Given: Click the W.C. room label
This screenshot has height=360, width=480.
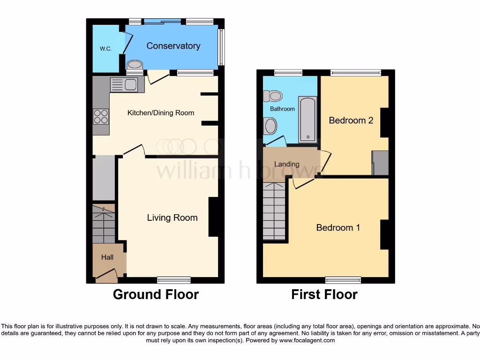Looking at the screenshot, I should pos(105,49).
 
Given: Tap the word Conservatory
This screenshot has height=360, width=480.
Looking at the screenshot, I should pos(173,45).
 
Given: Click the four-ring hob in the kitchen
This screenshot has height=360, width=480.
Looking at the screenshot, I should pos(101,116).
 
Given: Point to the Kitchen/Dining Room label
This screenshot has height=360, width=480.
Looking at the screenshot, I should pos(161,113).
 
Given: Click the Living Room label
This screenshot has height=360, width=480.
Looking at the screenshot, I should pos(172,217).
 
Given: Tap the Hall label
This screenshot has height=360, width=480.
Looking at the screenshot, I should pos(107,257).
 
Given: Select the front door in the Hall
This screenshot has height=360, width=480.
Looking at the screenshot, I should pos(106,276).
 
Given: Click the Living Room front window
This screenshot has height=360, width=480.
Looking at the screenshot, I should pos(173,280).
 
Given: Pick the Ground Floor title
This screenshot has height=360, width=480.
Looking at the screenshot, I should pos(156,294).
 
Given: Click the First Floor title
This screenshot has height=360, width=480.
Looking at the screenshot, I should pos(324,294).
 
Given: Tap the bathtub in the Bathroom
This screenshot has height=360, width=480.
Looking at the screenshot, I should pos(308,120).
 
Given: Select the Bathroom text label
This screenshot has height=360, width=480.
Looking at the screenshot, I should pos(282,109).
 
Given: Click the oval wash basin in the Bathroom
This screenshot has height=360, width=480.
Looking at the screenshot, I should pos(270,126).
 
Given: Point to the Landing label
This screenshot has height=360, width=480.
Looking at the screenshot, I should pos(286,164).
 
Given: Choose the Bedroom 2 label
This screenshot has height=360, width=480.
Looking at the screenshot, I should pos(351,120).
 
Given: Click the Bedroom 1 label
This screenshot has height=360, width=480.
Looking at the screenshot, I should pos(338,228).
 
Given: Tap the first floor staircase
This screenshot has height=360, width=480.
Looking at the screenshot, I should pos(274,211).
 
